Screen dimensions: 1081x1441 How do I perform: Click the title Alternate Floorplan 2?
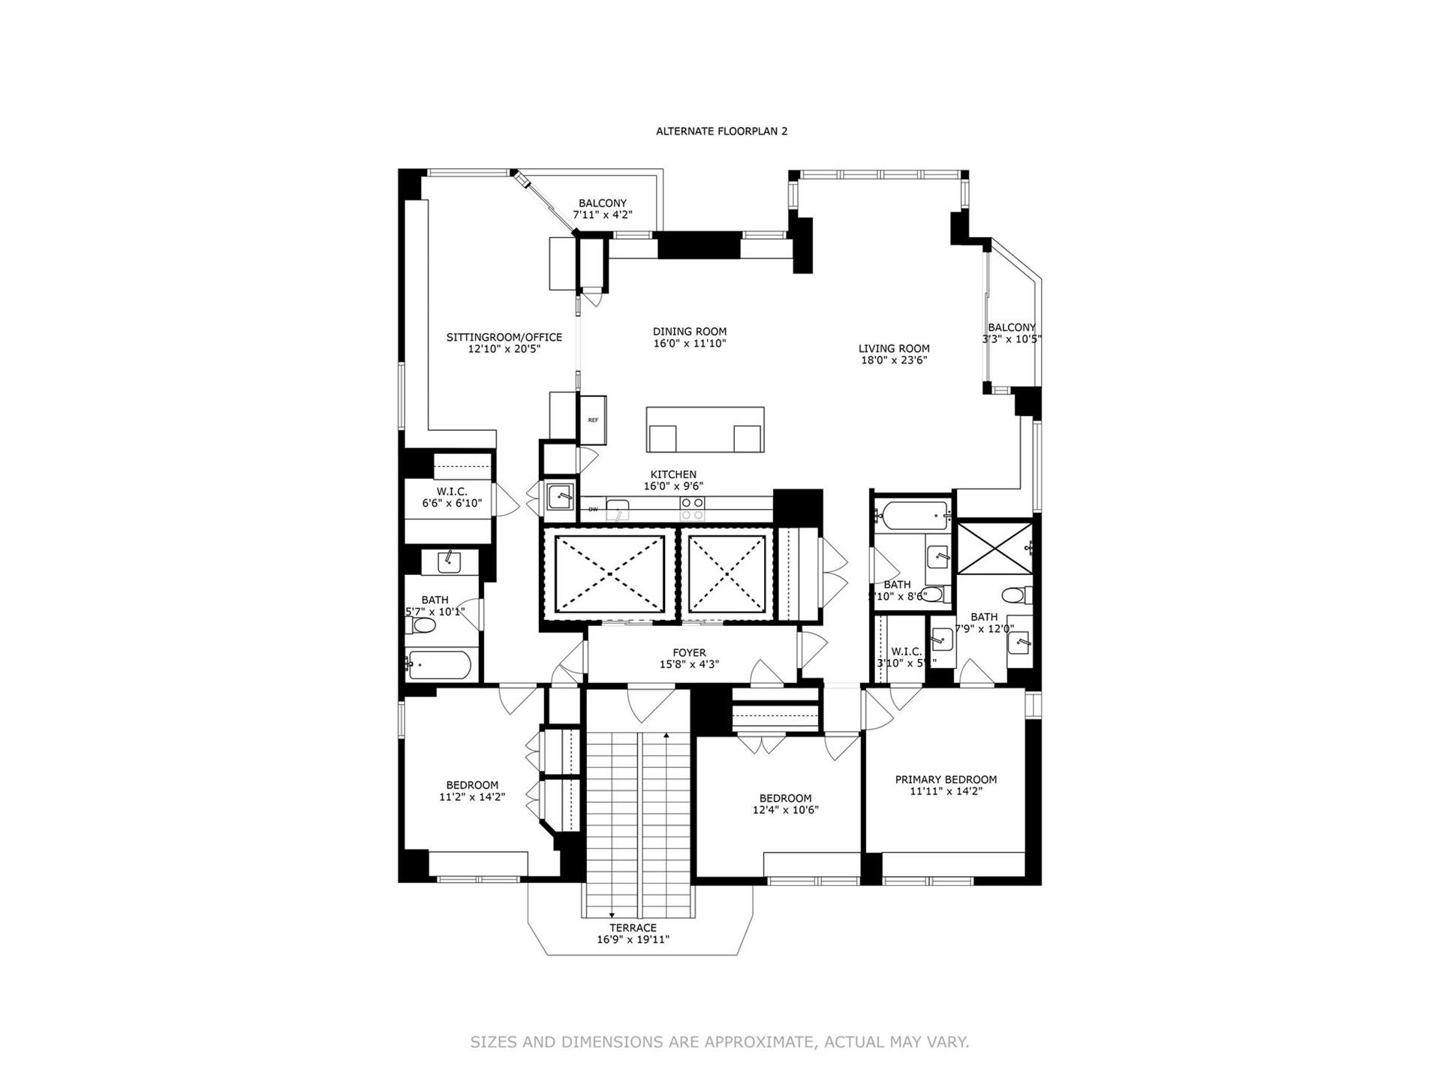721,131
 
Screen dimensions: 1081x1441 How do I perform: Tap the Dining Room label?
689,332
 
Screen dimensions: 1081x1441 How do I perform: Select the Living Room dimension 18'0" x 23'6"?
894,360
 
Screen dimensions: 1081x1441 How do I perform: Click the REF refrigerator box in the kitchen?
593,420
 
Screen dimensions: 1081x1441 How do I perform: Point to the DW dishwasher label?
593,510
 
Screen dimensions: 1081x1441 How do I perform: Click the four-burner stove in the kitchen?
692,509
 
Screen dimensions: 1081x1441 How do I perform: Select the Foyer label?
689,653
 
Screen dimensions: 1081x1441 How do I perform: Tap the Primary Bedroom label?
946,779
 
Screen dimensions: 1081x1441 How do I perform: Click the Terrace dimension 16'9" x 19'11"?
633,940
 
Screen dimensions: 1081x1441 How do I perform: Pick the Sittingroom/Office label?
504,338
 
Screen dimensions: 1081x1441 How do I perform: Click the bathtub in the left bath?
440,664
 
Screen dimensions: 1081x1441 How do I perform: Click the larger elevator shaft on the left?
609,574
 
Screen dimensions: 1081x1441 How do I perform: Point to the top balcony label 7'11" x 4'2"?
603,215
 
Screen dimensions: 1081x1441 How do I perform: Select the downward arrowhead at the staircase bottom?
612,915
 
